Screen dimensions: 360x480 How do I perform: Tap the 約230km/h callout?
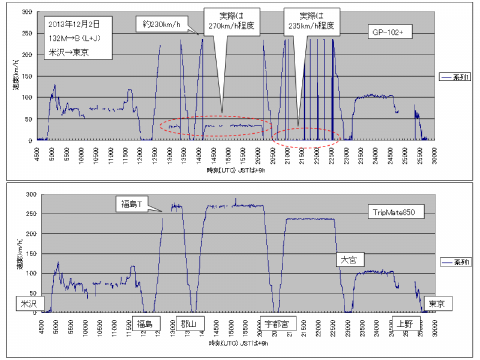pyautogui.click(x=161, y=24)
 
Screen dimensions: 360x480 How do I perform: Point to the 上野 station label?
pyautogui.click(x=404, y=323)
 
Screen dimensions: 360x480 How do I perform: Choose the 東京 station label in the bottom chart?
pyautogui.click(x=437, y=304)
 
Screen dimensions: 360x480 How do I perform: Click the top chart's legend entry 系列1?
pyautogui.click(x=455, y=77)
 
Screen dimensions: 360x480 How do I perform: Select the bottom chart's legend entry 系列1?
pyautogui.click(x=455, y=262)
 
